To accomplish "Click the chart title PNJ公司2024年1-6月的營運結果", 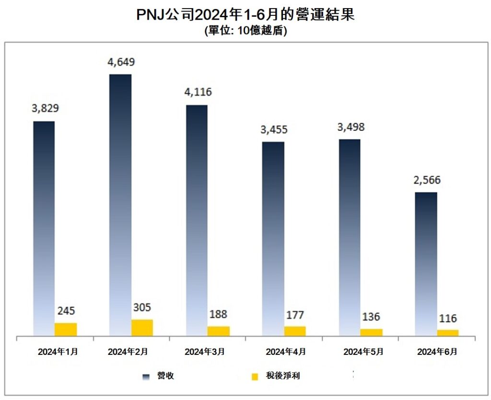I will point(245,15).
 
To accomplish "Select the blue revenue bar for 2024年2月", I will point(120,201).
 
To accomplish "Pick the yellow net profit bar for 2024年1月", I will point(65,329).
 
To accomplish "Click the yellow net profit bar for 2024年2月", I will point(142,327).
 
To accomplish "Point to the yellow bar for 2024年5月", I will point(372,332).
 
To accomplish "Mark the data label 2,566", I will point(427,180).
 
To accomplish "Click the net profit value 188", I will point(218,315).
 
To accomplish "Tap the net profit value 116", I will point(448,318).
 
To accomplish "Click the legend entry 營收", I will point(160,376).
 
